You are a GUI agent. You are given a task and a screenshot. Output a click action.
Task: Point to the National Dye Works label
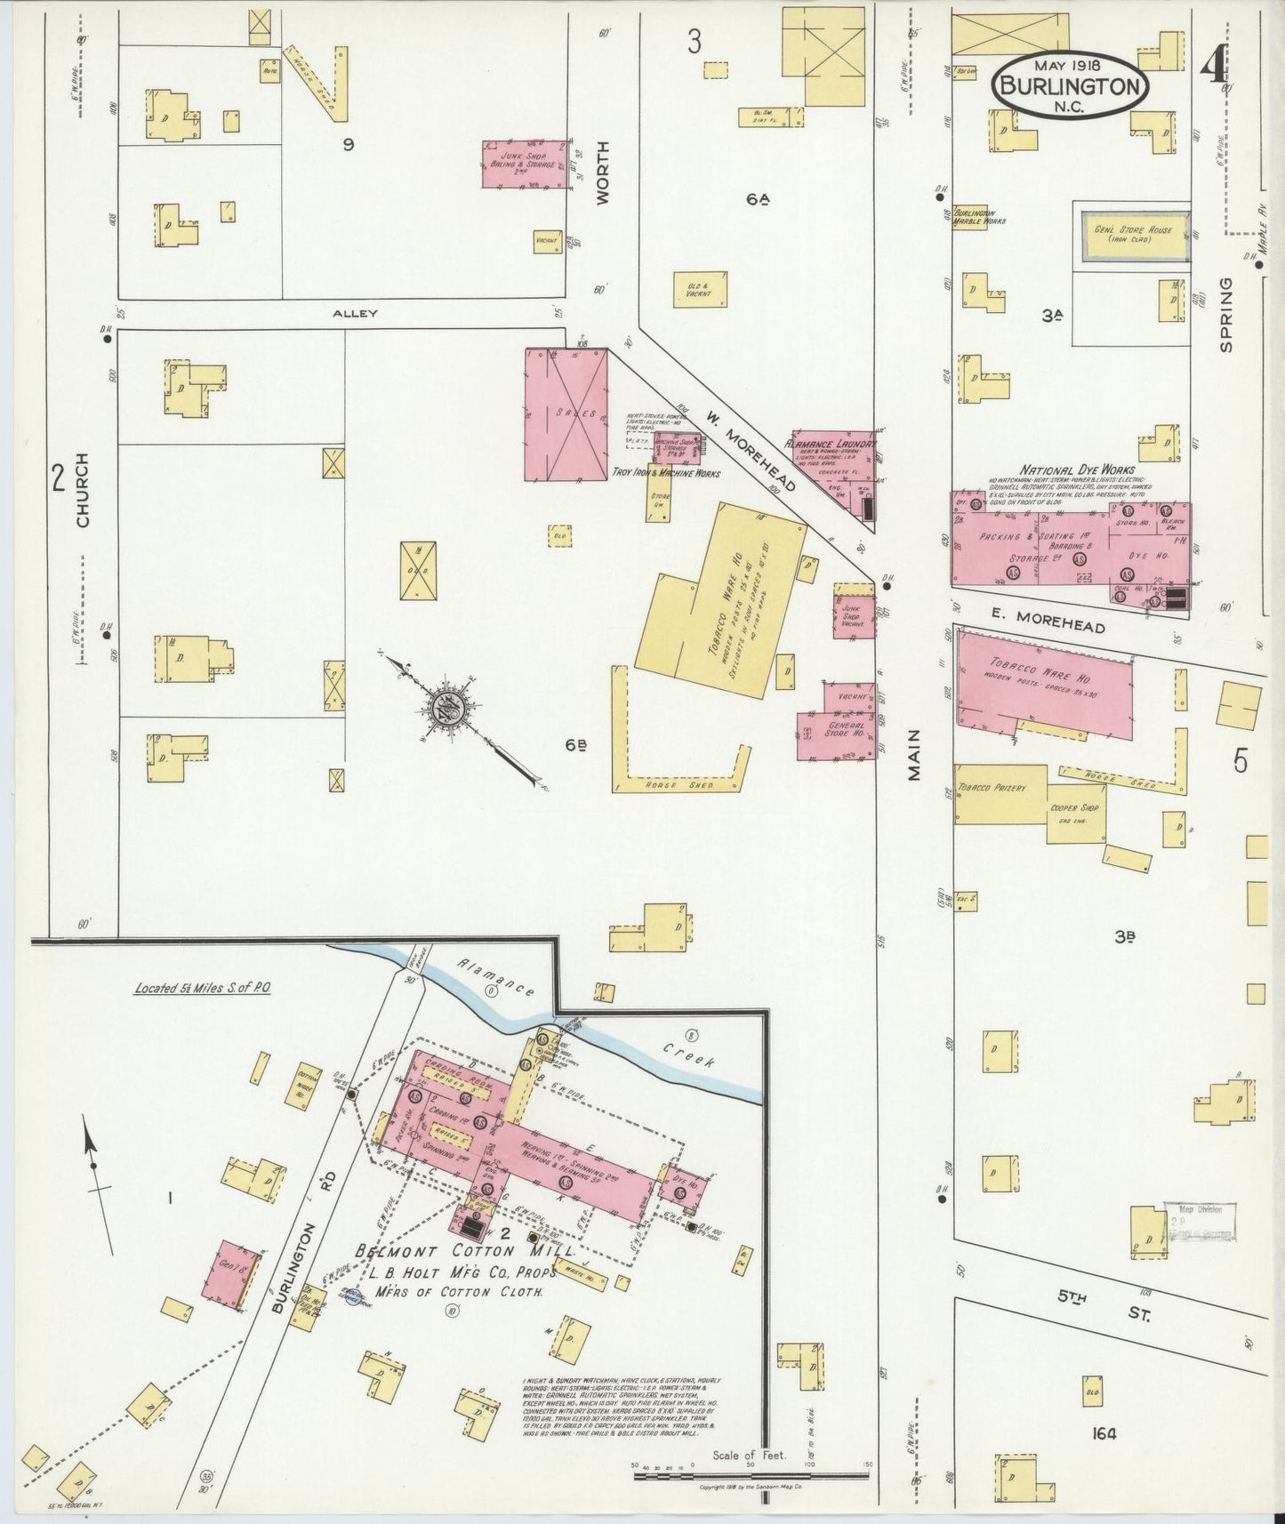(1077, 469)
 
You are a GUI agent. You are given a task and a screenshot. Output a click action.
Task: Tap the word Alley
(355, 314)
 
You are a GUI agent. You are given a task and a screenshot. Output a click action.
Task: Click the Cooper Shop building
(1077, 812)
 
